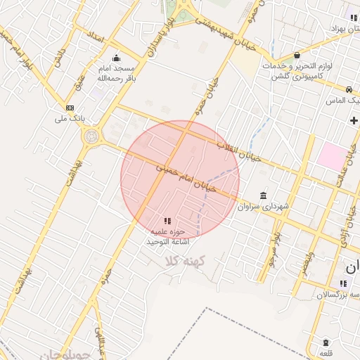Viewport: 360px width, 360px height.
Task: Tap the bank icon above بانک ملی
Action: click(70, 108)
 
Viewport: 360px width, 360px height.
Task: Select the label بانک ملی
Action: click(70, 118)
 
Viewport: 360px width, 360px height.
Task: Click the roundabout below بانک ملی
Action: click(91, 137)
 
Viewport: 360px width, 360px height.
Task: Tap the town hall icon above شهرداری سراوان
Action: click(263, 195)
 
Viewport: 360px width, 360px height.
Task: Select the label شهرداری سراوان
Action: click(263, 207)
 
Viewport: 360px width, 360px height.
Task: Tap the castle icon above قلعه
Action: click(326, 342)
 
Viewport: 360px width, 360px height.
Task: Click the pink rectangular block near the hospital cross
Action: click(331, 155)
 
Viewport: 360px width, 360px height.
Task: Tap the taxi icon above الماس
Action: click(349, 89)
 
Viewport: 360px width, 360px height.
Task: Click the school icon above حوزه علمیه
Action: click(167, 221)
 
